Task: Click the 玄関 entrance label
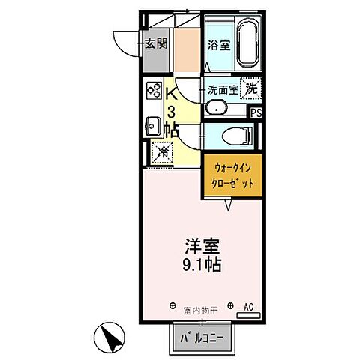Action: coord(157,42)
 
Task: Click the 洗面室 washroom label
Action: coord(222,88)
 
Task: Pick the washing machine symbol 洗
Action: coord(250,87)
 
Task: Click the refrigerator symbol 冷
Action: coord(160,151)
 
